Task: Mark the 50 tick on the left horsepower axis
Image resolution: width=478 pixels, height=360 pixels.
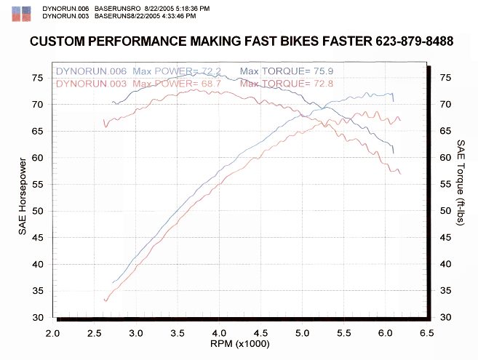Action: coord(37,211)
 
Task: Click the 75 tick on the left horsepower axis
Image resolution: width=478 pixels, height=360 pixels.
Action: coord(37,77)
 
